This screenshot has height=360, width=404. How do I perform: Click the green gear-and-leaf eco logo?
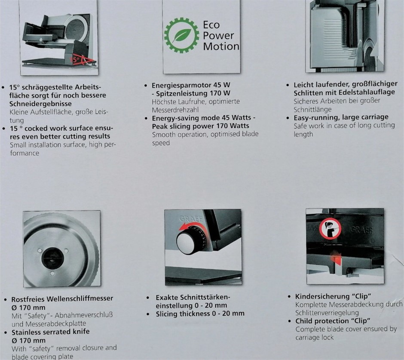pos(182,35)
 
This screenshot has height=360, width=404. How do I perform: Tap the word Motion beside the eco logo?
pos(221,46)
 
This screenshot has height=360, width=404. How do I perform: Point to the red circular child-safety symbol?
pos(330,229)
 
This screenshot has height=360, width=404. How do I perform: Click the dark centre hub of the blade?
pos(52,258)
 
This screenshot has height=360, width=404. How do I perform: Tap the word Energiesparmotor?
pos(182,85)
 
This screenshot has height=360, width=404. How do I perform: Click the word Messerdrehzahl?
pos(175,110)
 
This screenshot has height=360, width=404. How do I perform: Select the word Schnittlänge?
pos(312,110)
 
